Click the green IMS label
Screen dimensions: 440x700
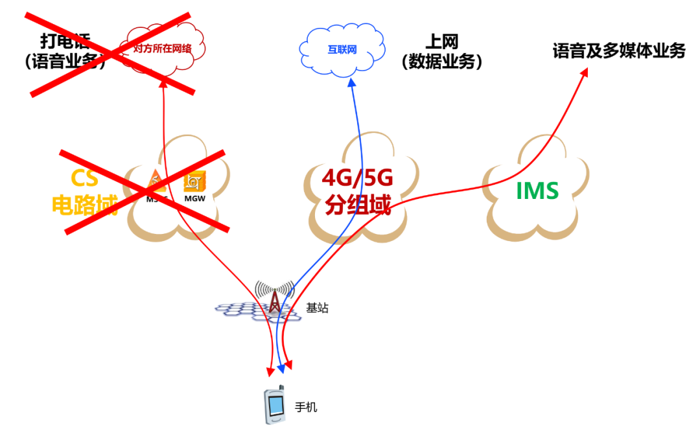point(537,191)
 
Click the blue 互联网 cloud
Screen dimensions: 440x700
point(342,50)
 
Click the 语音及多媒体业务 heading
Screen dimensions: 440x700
point(618,51)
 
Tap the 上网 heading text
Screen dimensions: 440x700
point(442,42)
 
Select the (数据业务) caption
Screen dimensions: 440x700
point(442,62)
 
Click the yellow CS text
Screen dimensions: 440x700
point(84,178)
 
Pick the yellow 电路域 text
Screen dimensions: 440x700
point(84,205)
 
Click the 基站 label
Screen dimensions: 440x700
point(317,308)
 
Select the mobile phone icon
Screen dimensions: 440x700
point(274,406)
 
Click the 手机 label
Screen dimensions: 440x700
point(307,408)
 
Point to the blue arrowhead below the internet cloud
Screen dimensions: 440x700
point(351,82)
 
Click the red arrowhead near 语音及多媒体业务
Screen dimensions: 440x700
point(583,73)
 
